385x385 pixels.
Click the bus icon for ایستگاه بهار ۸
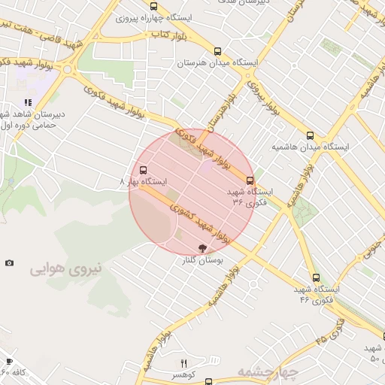(144, 170)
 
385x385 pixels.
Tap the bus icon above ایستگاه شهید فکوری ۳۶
(250, 180)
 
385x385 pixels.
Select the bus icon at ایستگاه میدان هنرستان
(217, 52)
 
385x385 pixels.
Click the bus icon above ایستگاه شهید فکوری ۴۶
(316, 277)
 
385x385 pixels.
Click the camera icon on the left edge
(9, 262)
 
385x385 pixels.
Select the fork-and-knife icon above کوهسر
(183, 363)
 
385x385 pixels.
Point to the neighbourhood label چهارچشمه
(268, 371)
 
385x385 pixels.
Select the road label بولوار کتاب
(169, 35)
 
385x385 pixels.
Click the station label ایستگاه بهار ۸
(144, 182)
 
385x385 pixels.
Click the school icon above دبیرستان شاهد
(28, 102)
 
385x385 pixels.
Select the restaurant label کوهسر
(183, 374)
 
